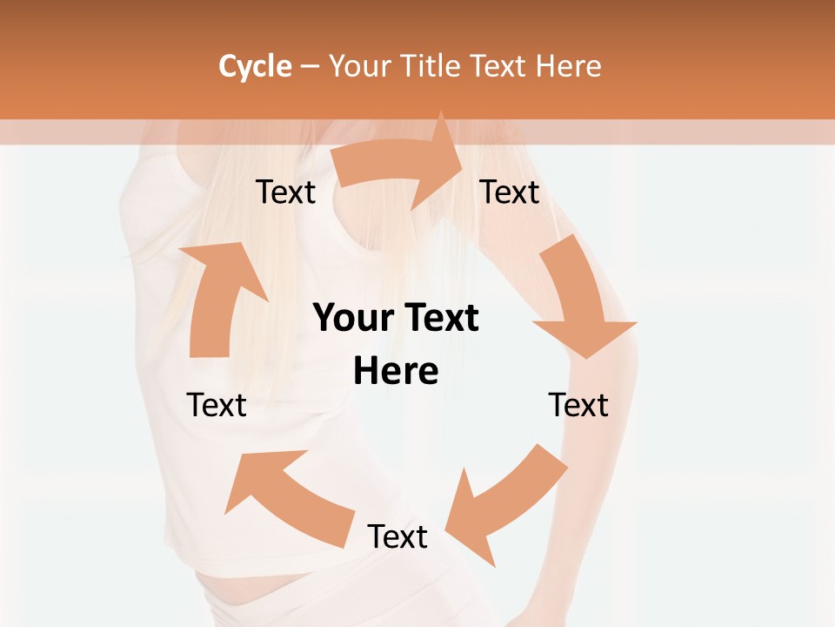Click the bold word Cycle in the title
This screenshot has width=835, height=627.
255,66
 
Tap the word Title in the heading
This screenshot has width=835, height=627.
433,66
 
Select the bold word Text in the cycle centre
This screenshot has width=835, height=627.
438,318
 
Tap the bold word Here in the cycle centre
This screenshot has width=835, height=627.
396,371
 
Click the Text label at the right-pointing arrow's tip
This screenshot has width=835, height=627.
510,192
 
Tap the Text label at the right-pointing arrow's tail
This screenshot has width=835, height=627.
285,192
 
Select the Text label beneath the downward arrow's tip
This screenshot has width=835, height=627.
578,405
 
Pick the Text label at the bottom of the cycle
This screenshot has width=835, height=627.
397,536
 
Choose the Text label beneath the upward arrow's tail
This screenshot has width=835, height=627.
217,405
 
